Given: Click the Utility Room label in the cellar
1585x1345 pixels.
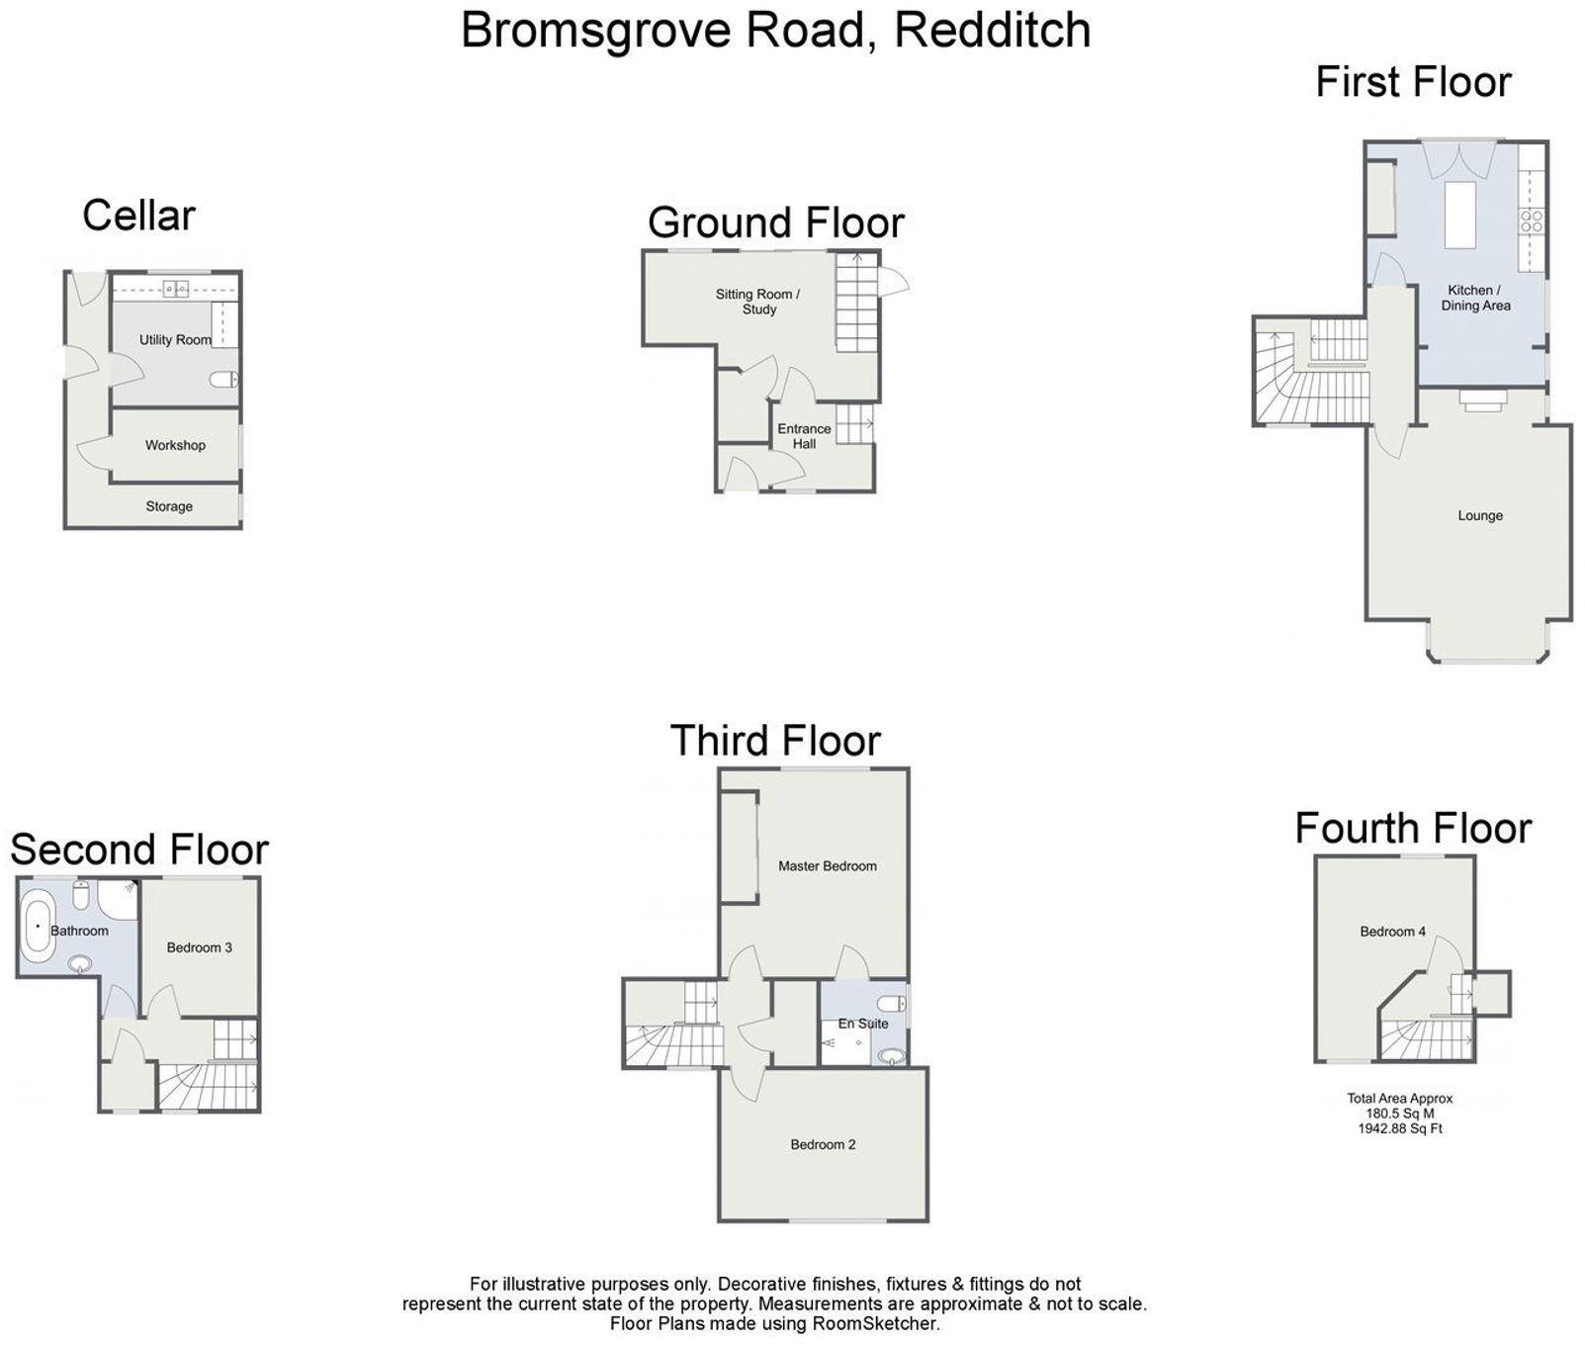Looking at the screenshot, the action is click(175, 340).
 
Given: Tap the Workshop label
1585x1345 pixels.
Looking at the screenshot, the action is click(175, 445).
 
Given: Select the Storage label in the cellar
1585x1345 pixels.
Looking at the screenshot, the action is click(169, 506).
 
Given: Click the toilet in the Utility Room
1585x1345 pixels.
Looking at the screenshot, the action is click(226, 379).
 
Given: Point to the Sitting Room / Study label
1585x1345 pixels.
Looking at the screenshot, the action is click(758, 302).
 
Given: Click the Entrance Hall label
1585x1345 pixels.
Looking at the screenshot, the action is click(804, 436).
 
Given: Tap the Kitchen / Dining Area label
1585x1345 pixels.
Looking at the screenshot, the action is click(1475, 298).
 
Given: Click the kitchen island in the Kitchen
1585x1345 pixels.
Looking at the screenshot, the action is click(1459, 214).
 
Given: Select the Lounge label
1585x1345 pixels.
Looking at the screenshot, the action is click(1480, 515).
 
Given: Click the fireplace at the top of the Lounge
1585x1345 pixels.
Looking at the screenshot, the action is click(1484, 399).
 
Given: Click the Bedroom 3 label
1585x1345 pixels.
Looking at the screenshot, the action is click(200, 947).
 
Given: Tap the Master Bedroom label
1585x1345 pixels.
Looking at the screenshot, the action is click(828, 866).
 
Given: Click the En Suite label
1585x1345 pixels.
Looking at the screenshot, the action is click(863, 1024).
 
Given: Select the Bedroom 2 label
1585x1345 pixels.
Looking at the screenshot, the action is click(823, 1144).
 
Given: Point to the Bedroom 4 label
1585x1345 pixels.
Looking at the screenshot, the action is click(1392, 932).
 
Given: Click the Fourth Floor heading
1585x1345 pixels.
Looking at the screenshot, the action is click(1413, 828).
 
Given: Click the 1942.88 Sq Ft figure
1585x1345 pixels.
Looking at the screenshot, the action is click(1399, 1128).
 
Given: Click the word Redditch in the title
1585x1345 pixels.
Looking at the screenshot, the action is click(992, 30).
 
